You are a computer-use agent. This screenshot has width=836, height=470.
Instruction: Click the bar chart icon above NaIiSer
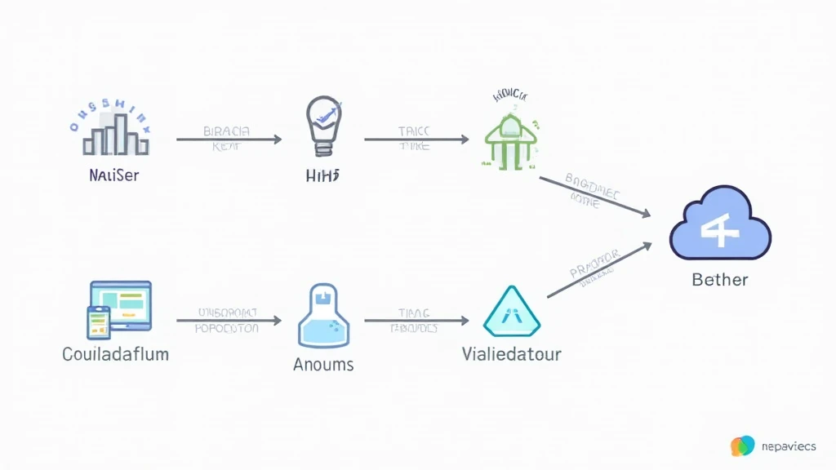click(x=116, y=135)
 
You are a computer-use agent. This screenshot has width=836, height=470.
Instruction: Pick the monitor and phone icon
click(x=119, y=308)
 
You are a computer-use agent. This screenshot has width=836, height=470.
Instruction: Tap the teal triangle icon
click(x=512, y=313)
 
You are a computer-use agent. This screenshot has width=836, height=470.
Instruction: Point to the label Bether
click(x=719, y=280)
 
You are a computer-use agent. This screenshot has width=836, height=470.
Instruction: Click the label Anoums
click(x=323, y=364)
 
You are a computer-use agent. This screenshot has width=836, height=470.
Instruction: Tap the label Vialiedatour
click(x=511, y=355)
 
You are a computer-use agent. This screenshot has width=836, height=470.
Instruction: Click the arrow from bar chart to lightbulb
click(x=229, y=140)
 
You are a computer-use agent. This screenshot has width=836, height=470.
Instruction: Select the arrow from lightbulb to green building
click(x=416, y=140)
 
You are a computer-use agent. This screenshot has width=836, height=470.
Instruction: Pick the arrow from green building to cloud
click(x=595, y=197)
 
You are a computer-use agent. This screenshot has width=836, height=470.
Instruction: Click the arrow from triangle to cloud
click(x=598, y=270)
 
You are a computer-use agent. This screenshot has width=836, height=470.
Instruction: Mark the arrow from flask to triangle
click(x=416, y=321)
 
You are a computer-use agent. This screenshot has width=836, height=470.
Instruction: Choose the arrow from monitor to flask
click(x=229, y=321)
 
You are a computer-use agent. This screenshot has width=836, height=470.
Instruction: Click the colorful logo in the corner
click(x=742, y=446)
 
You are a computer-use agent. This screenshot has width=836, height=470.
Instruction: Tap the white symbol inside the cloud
click(x=720, y=228)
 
